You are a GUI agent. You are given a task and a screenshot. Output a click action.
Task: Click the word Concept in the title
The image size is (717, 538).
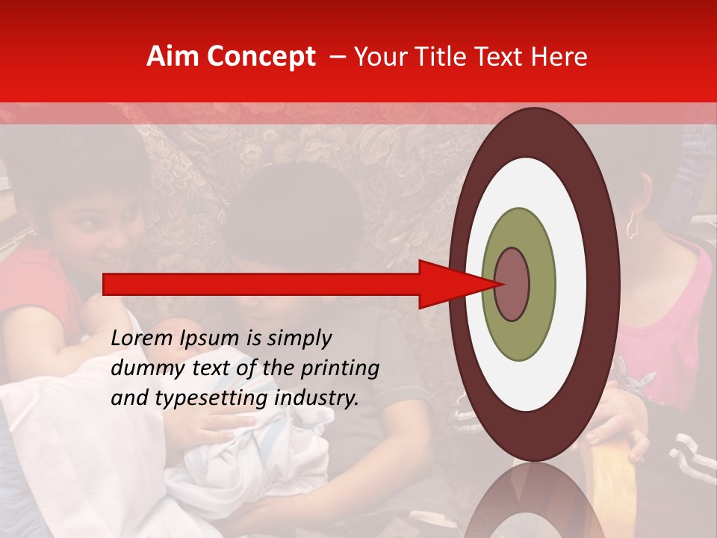pyautogui.click(x=261, y=57)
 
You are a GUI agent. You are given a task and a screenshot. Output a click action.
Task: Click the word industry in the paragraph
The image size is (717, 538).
pyautogui.click(x=316, y=398)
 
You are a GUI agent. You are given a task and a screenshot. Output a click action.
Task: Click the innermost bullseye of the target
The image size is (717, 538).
pyautogui.click(x=512, y=284)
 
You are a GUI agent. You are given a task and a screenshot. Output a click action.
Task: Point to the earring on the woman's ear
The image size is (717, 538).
pyautogui.click(x=631, y=224)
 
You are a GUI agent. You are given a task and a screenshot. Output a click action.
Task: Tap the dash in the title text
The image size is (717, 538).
pyautogui.click(x=336, y=58)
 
